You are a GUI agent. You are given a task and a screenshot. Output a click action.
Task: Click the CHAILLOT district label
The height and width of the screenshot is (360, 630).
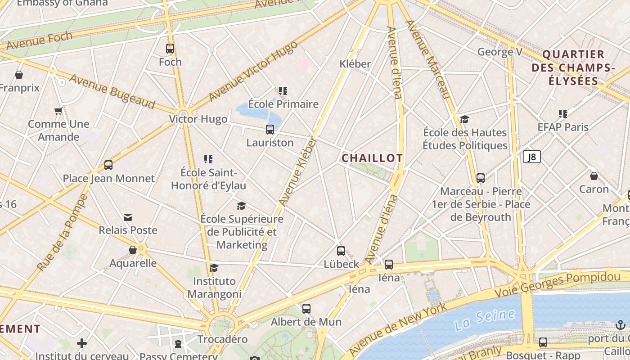(372, 158)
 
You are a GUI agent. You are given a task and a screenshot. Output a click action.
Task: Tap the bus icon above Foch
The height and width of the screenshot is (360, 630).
(170, 49)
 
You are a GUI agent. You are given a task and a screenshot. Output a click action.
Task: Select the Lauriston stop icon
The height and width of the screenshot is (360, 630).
(270, 130)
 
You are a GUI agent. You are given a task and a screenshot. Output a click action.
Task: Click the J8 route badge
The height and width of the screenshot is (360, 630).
(532, 157)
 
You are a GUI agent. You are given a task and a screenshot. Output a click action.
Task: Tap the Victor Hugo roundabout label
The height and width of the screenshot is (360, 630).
(198, 119)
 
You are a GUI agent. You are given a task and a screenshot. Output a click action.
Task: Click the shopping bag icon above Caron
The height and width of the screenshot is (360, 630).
(594, 176)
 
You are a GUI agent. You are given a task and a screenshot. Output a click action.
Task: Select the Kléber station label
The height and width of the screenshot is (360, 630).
(355, 64)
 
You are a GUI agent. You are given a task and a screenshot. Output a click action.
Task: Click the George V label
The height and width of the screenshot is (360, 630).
(499, 52)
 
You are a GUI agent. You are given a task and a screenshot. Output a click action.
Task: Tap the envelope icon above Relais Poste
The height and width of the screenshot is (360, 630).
(128, 217)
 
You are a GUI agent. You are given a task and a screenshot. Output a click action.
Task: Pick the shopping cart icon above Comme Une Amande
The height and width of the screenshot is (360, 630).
(58, 111)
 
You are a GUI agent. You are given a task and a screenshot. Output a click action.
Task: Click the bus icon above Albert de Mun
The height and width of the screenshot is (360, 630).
(306, 309)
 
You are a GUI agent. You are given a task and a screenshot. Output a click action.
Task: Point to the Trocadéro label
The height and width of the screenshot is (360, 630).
(222, 339)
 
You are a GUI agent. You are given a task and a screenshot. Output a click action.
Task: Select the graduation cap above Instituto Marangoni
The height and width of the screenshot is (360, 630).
(214, 268)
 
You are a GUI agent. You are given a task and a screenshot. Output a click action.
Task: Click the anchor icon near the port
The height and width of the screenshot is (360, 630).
(621, 325)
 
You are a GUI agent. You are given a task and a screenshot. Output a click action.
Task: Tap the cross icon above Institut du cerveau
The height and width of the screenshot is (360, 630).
(82, 343)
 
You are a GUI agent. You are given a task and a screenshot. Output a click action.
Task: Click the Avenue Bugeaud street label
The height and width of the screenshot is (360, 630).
(112, 91)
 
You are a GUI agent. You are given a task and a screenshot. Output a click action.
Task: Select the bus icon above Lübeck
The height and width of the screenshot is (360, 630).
(341, 251)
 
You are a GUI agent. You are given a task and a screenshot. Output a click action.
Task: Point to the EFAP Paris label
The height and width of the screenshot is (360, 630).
(563, 127)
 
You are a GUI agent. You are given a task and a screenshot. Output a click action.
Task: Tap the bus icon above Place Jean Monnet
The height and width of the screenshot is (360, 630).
(108, 165)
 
